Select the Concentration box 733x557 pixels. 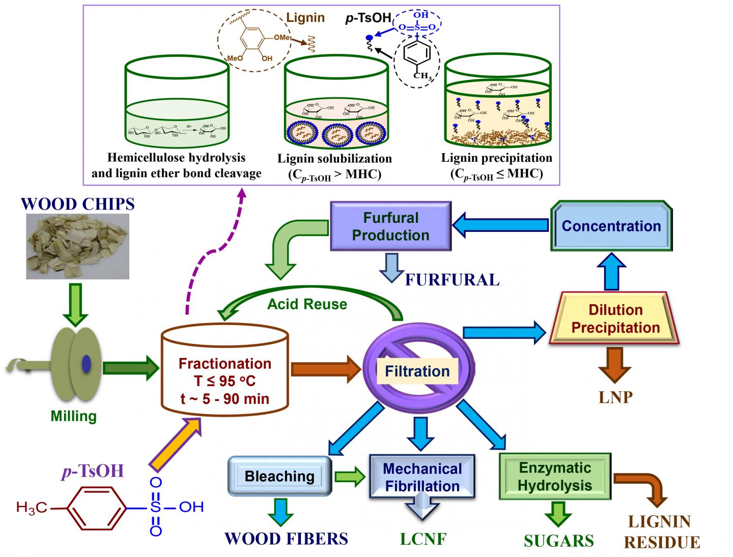point(611,226)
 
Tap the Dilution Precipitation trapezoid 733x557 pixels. point(615,318)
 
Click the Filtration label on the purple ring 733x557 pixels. point(417,371)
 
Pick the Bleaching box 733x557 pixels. point(279,476)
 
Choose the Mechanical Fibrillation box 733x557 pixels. point(422,477)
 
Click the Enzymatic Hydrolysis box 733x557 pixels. point(555,476)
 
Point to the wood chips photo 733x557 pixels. point(77,246)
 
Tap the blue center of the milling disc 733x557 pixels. point(86,362)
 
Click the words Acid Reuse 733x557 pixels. point(307,304)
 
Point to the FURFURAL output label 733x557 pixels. point(452,280)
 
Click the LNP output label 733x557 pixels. point(615,397)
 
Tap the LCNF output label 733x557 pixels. point(422,539)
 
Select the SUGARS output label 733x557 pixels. point(558,540)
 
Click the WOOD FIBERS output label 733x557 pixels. point(286,538)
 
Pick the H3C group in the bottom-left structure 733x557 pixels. point(32,507)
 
